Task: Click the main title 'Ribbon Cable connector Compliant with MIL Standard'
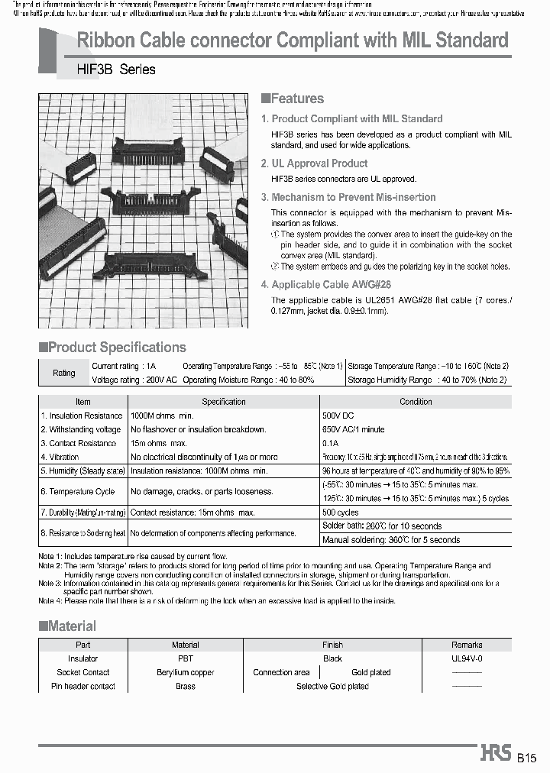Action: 293,40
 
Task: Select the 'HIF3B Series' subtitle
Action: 116,70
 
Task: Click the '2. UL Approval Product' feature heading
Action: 314,163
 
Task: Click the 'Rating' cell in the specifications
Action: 63,373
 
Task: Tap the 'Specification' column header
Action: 223,402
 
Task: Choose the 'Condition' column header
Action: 416,402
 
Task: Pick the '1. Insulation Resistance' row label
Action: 82,416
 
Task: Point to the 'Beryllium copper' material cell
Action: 185,672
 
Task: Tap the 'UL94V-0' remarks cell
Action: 467,658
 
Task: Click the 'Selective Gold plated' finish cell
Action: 332,686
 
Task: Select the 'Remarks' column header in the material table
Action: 467,645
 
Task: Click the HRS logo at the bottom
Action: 496,754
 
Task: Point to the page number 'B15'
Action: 527,758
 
